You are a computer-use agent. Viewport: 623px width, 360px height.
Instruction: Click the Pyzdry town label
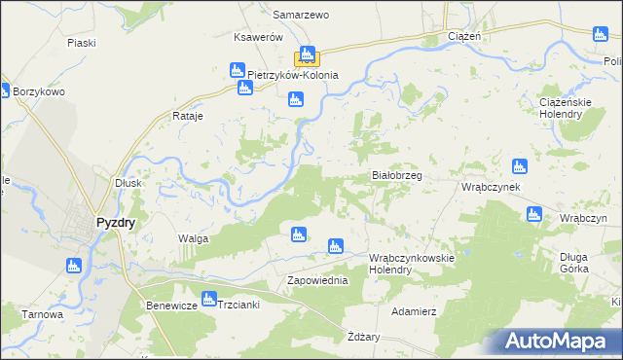116,222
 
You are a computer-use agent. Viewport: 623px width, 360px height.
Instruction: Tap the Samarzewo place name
301,16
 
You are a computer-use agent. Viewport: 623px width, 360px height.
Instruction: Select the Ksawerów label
258,37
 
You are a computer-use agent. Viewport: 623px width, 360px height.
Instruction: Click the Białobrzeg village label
397,176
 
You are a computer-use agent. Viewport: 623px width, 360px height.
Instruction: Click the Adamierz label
413,311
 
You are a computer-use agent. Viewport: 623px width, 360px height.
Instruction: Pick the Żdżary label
364,337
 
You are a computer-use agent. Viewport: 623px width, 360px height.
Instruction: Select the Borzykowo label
39,92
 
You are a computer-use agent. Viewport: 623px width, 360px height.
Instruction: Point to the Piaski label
81,43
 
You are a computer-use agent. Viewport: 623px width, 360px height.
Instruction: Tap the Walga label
193,238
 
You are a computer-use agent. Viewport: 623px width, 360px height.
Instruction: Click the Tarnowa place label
43,314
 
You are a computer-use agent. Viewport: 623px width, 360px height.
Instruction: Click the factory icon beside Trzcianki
207,299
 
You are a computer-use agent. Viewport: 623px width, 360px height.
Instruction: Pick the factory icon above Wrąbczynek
519,166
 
